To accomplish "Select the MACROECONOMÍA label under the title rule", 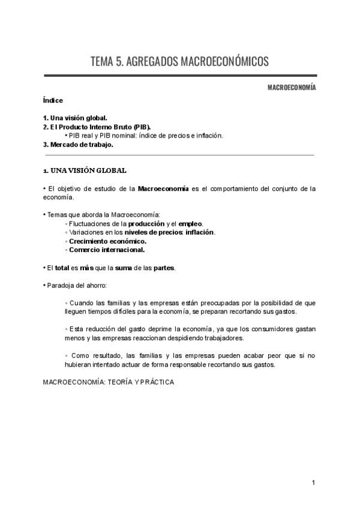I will pos(292,88).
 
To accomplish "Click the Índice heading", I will pos(53,100).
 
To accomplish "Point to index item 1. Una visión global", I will pos(75,118).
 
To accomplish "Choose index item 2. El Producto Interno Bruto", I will pos(97,127).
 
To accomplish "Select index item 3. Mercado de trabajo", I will pos(78,145).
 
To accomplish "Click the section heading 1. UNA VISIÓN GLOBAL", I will pos(85,171).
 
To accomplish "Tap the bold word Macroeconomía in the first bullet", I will pos(163,188).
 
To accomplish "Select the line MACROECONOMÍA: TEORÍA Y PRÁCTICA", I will pos(109,382).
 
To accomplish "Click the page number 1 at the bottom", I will pos(314,483).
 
